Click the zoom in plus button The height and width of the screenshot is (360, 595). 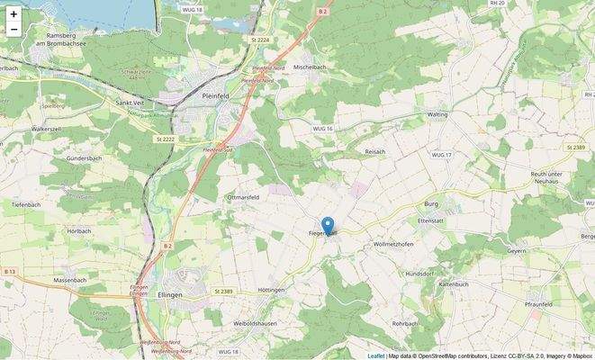(14, 14)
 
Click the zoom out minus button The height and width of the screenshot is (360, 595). (14, 30)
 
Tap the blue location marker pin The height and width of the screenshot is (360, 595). (328, 226)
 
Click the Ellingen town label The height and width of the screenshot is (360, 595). (169, 295)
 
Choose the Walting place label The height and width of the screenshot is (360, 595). (437, 115)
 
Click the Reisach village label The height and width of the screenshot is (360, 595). (374, 151)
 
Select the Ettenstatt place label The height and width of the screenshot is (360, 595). (431, 220)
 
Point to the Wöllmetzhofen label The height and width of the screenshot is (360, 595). (392, 245)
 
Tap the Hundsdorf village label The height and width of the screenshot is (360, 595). (419, 273)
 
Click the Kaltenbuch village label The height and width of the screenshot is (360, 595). (452, 284)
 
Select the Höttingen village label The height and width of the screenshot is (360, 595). (271, 290)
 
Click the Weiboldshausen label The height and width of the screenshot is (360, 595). (255, 322)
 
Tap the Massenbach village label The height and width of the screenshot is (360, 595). (69, 281)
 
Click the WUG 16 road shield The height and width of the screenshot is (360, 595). (323, 130)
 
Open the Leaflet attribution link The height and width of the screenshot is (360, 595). (375, 355)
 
